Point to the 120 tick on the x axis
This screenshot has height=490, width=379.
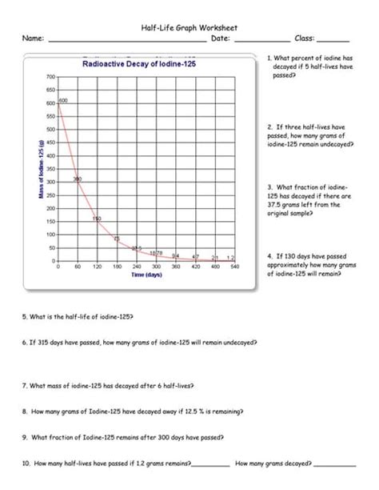tap(97, 266)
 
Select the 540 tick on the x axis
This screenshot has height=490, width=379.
tap(235, 266)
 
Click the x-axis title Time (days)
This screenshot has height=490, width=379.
tap(147, 275)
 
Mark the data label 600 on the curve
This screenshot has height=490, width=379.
tap(63, 100)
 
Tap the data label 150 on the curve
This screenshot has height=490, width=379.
tap(96, 219)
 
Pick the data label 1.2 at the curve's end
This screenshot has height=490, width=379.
tap(231, 257)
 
